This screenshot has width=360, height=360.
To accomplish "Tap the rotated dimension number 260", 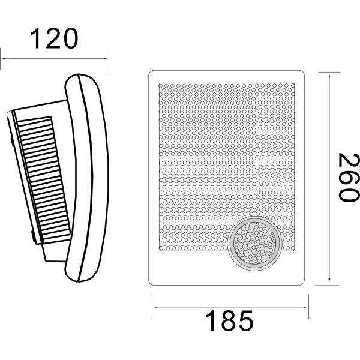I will (346, 178).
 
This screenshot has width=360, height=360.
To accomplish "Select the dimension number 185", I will (230, 322).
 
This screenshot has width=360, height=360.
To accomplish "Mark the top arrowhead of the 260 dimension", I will (329, 73).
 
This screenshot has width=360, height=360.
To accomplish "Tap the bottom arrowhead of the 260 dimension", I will (329, 283).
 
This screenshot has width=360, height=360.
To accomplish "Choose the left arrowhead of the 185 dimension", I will (155, 308).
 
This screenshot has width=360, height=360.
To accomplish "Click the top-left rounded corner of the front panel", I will (151, 74).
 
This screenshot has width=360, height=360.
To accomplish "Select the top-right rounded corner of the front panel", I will (302, 74).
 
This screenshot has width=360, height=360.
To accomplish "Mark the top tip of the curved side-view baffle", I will (81, 76).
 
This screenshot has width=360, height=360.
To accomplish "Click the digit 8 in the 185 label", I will (230, 322).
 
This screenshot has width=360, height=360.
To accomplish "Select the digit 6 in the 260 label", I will (346, 178).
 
